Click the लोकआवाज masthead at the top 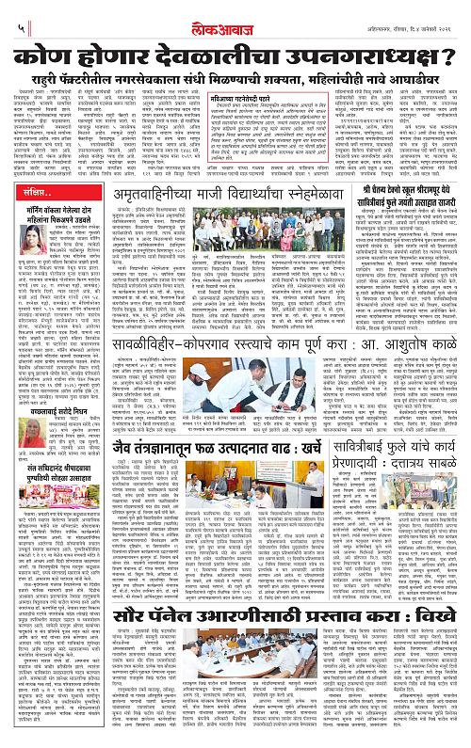(x=235, y=13)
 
